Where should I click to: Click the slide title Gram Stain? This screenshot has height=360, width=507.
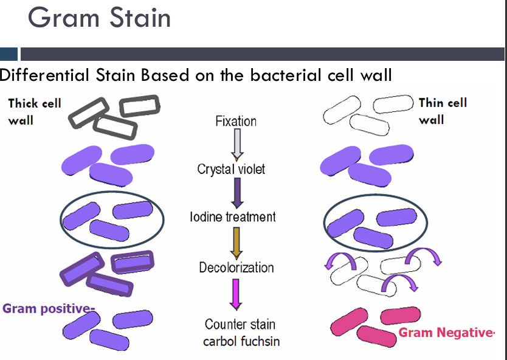point(99,18)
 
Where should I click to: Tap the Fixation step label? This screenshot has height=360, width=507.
point(236,121)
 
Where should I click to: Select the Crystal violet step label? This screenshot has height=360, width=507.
point(231,169)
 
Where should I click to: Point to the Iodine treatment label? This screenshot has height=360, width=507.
point(233,217)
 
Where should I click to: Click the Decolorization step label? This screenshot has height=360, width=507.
point(236,268)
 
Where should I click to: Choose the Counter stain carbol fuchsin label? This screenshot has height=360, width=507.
point(241,333)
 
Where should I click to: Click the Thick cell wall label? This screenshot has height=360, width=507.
point(34,111)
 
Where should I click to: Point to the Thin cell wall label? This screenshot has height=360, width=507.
point(443,111)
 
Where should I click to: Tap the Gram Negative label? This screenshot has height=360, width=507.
point(446,333)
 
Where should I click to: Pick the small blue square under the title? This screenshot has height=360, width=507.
point(9,54)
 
